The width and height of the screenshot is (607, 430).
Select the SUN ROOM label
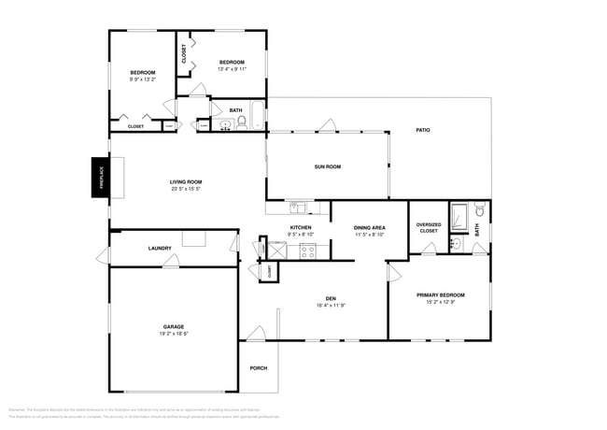point(327,166)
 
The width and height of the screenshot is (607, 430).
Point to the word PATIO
point(424,130)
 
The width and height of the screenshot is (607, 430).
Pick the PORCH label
point(259,367)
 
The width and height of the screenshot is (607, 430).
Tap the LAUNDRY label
point(160,248)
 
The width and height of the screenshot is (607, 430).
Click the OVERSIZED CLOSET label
point(429,227)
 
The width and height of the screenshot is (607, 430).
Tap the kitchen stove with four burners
point(308,250)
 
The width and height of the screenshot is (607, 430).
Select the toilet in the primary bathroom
point(479,211)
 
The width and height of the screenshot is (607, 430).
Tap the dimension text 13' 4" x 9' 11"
point(232,68)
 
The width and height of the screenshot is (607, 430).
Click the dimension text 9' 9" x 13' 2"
point(142,79)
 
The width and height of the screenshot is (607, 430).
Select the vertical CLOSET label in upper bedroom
point(184,54)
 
